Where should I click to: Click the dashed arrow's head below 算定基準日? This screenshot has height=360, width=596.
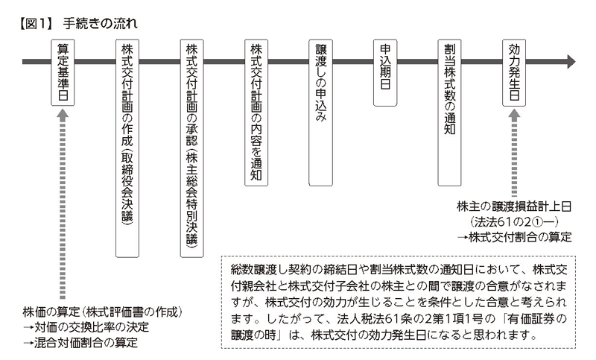click(63, 114)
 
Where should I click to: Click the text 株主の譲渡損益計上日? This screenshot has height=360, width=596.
click(513, 206)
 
